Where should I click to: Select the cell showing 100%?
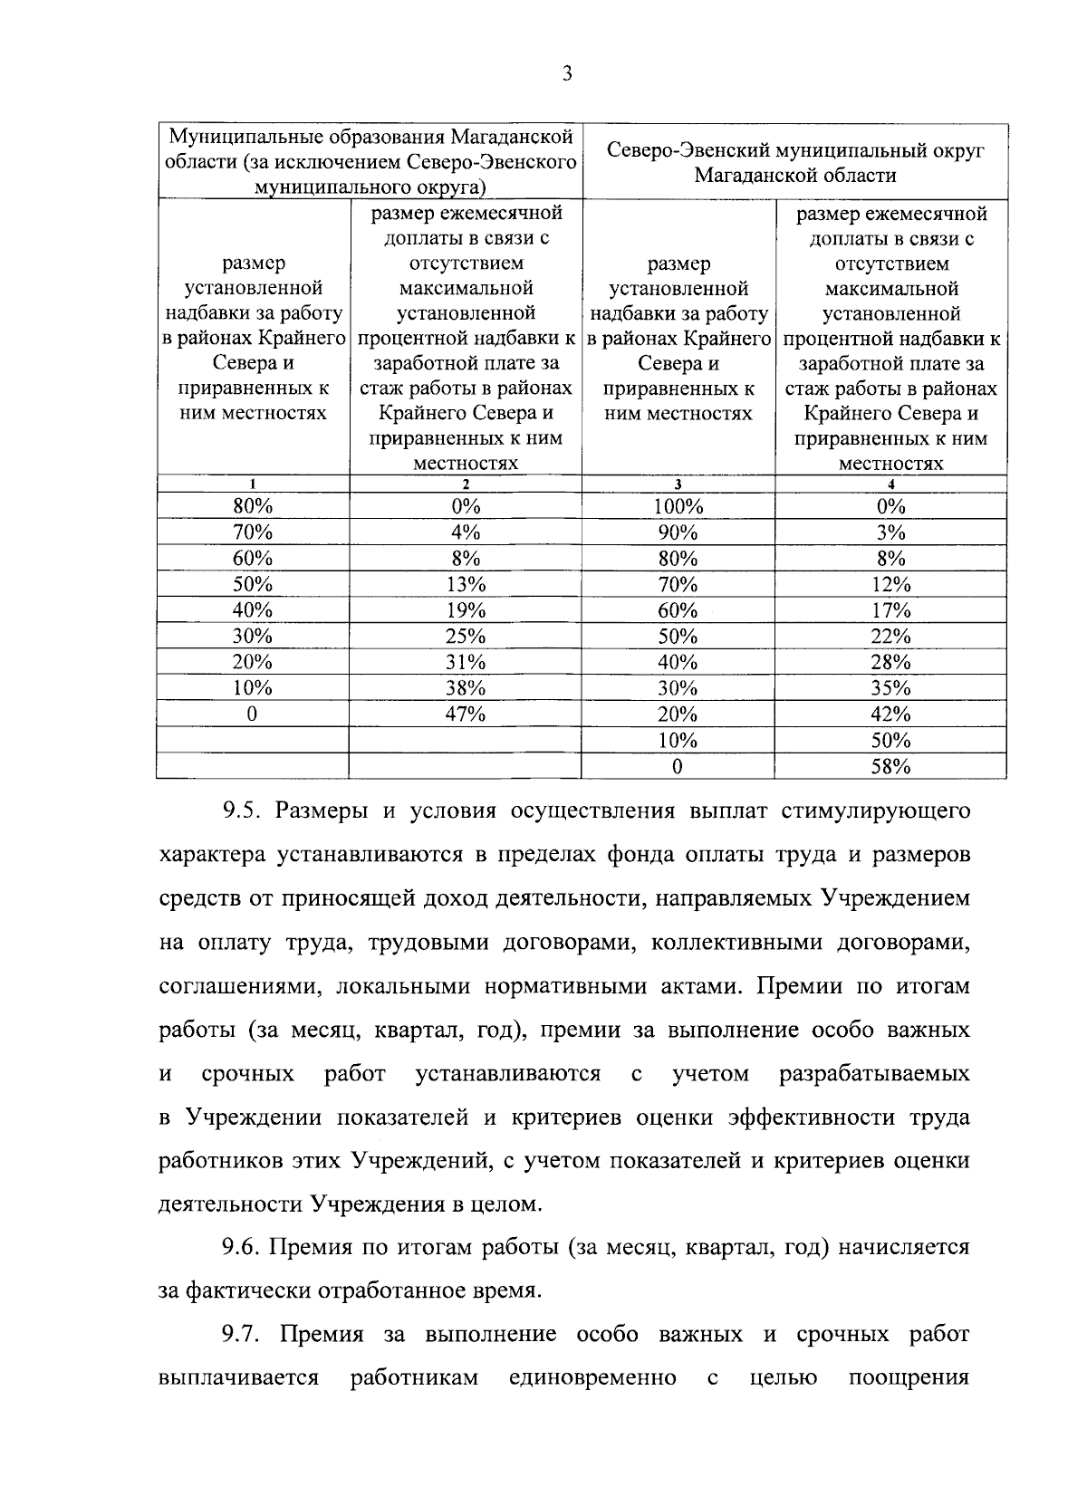click(678, 506)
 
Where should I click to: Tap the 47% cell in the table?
click(465, 714)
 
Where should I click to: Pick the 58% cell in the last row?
click(890, 767)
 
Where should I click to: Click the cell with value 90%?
click(678, 532)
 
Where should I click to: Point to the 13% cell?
click(465, 584)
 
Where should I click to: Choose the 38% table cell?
click(465, 688)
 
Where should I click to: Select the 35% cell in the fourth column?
click(890, 688)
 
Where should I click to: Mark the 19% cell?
click(465, 610)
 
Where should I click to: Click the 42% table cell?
click(890, 714)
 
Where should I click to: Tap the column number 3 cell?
click(678, 484)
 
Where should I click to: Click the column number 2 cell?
click(465, 484)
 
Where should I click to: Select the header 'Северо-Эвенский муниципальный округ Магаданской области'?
click(795, 162)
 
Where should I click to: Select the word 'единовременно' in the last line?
click(592, 1378)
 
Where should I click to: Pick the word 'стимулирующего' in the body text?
click(888, 810)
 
